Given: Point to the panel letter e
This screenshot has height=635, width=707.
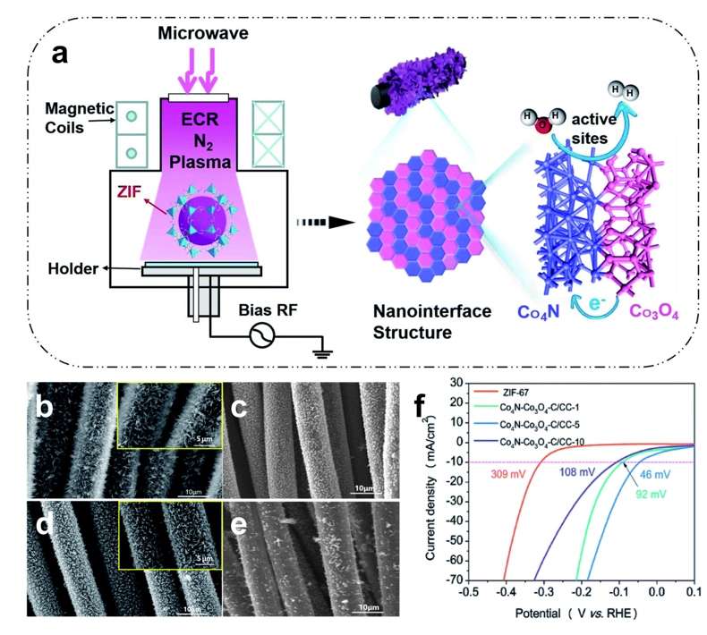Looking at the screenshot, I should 243,524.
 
